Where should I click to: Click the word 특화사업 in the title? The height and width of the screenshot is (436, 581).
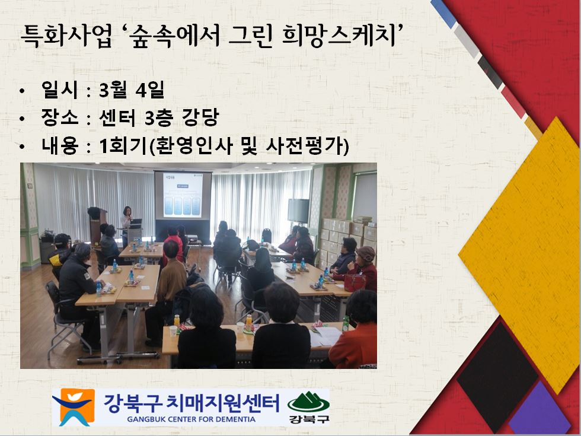(x=66, y=36)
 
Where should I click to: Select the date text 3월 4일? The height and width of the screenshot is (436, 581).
(x=132, y=90)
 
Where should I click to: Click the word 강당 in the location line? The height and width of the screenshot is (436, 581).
(x=200, y=117)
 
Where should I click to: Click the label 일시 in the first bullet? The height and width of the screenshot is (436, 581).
(x=60, y=90)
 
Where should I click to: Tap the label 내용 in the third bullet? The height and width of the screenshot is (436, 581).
(x=60, y=146)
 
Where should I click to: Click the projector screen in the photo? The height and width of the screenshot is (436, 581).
(x=183, y=195)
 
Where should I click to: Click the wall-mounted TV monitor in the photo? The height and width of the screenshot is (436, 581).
(x=298, y=211)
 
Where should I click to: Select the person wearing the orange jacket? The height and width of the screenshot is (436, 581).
(x=355, y=330)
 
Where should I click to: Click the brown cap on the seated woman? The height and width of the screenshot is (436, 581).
(x=366, y=254)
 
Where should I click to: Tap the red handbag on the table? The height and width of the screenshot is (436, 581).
(x=355, y=282)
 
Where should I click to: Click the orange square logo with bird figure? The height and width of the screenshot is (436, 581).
(x=74, y=407)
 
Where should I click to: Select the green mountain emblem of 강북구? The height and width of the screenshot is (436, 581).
(x=308, y=402)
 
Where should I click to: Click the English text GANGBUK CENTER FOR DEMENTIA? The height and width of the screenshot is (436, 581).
(x=191, y=419)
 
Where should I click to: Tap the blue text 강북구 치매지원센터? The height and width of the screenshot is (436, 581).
(x=191, y=403)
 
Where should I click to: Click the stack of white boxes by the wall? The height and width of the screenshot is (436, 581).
(x=349, y=237)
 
